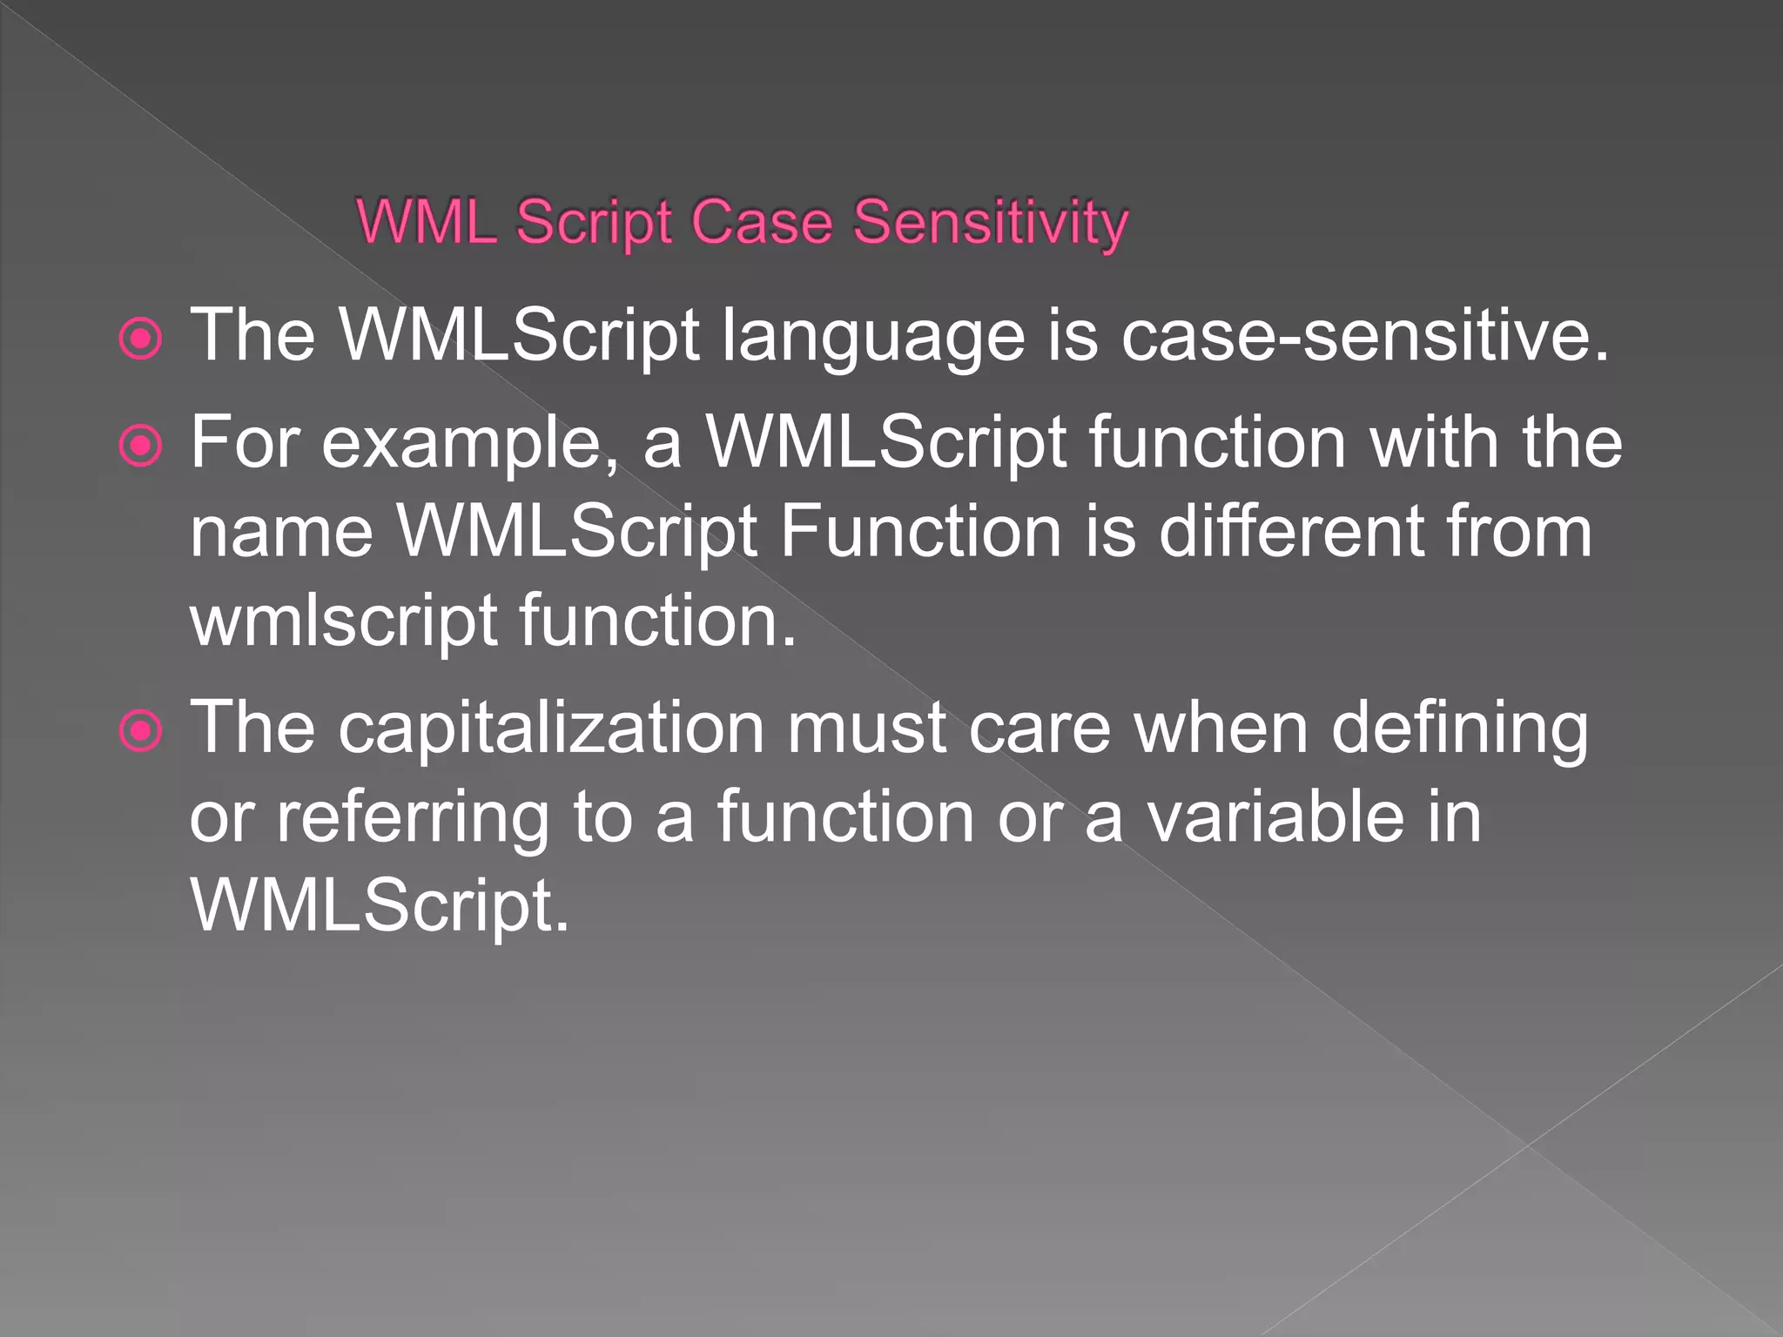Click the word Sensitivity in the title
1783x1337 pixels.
point(990,223)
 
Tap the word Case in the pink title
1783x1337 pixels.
point(762,223)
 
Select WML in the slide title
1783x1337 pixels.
point(427,223)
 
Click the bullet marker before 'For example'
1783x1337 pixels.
point(140,447)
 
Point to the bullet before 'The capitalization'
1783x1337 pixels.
point(140,730)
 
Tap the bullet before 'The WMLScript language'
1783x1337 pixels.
point(140,339)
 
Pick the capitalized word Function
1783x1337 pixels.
point(920,531)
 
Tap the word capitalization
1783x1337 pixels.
point(551,729)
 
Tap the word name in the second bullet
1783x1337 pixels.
point(281,533)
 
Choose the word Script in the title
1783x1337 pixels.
point(594,225)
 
